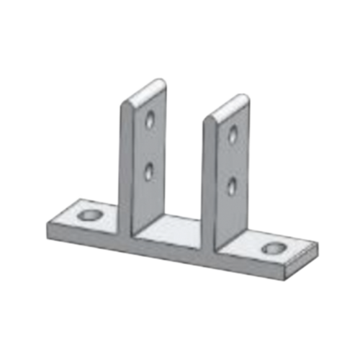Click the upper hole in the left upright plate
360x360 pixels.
[150, 119]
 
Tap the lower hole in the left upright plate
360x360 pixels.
[148, 170]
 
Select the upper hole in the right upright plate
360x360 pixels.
[233, 133]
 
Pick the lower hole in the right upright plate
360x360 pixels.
[232, 186]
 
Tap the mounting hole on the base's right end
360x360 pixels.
[273, 249]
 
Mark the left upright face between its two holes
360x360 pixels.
[149, 144]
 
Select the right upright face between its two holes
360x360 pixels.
[233, 160]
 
